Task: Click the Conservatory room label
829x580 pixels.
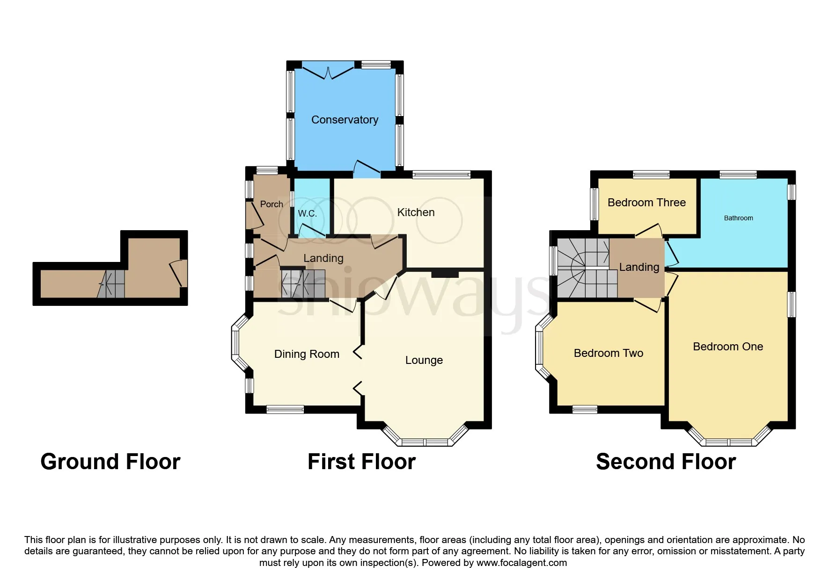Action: (345, 120)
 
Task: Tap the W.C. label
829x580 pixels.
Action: (308, 213)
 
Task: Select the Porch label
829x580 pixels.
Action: (271, 204)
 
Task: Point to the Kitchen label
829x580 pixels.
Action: (416, 212)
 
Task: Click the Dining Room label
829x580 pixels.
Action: (307, 354)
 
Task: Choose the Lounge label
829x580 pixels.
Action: (424, 360)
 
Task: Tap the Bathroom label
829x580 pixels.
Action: (739, 218)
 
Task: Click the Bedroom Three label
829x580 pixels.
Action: (646, 203)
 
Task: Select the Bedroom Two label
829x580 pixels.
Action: (609, 353)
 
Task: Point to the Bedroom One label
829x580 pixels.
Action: (728, 347)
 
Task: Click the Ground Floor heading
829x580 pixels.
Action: (110, 462)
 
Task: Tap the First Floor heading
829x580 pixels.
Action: (361, 462)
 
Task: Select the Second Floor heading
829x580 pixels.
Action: (666, 462)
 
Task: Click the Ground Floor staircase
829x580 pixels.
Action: (111, 283)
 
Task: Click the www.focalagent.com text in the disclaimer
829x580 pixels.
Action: (521, 563)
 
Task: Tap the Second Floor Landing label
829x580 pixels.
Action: (639, 267)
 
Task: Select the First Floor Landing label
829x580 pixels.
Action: (323, 258)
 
